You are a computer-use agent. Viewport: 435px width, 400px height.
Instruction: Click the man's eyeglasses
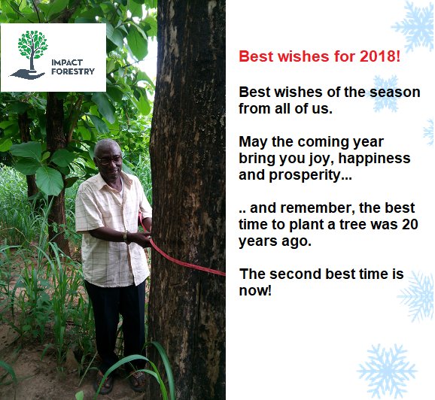(110, 159)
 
